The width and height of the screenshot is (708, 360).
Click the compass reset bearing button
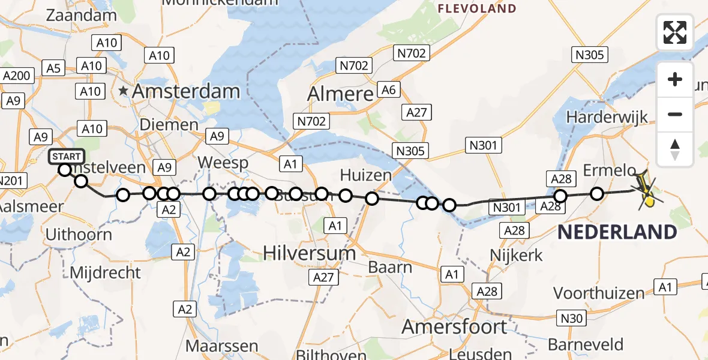[675, 149]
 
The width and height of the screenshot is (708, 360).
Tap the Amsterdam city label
[186, 92]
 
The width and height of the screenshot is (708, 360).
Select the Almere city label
[340, 94]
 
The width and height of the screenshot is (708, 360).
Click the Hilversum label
[309, 253]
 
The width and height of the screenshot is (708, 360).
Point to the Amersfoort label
[454, 327]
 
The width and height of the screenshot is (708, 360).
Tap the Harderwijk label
[607, 116]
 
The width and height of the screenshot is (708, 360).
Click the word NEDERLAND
[617, 232]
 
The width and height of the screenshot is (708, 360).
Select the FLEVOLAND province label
[477, 8]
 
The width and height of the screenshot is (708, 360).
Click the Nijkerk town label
[516, 255]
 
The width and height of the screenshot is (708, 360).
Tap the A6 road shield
[389, 90]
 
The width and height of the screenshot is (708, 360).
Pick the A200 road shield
[17, 76]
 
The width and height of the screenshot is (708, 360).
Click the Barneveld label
[585, 345]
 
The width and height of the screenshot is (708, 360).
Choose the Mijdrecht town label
[106, 272]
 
